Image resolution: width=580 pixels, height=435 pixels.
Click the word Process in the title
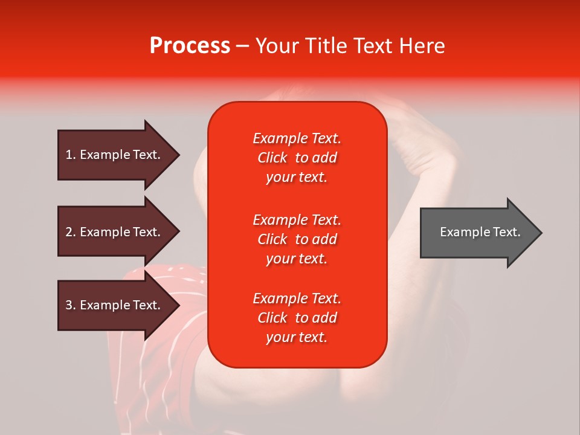point(190,46)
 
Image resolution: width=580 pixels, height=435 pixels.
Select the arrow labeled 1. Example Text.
point(115,155)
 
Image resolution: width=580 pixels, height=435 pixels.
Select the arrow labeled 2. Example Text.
point(115,232)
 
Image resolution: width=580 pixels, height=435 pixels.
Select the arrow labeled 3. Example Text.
point(115,305)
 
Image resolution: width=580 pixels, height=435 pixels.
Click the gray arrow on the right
point(477,233)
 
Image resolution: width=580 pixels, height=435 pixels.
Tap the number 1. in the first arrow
point(71,155)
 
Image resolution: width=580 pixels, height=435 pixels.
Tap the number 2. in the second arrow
point(71,232)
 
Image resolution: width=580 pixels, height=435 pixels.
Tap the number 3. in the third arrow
point(71,305)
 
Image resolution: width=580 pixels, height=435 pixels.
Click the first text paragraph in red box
point(297,158)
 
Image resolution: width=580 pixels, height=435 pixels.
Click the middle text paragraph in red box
point(297,239)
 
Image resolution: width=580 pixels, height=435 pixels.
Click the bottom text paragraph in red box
point(297,318)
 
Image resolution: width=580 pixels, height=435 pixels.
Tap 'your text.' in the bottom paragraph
point(297,338)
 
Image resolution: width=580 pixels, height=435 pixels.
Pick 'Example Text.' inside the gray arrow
point(480,232)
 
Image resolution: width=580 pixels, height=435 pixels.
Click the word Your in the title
point(277,46)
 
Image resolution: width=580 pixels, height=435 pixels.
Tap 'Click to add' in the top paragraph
point(297,158)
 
